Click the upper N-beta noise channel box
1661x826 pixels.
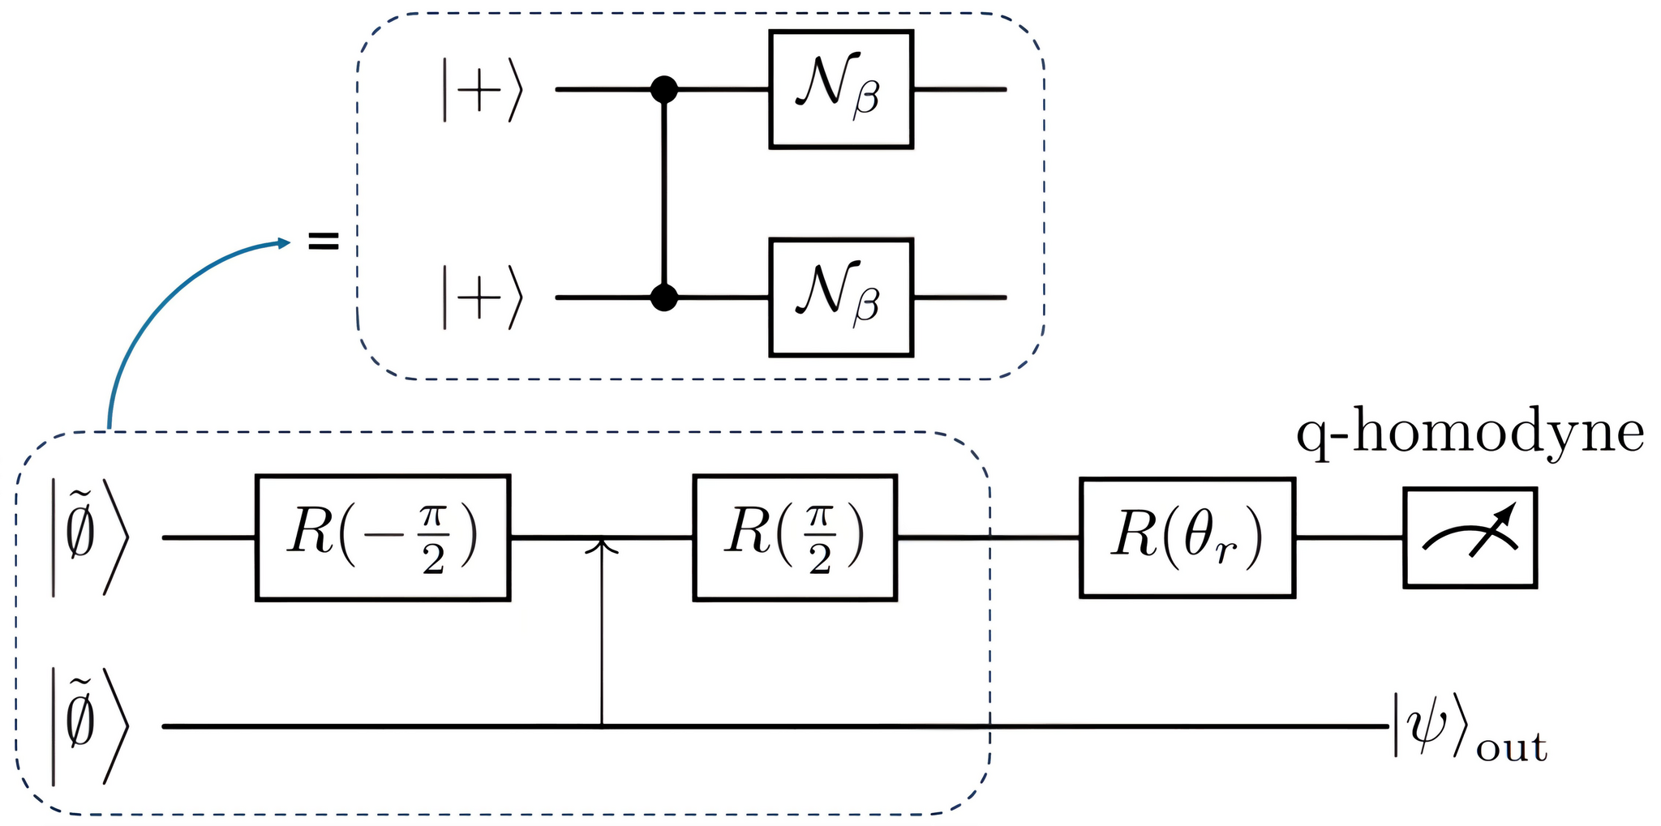click(841, 90)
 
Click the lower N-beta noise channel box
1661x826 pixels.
click(841, 297)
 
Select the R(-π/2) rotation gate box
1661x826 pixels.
click(383, 537)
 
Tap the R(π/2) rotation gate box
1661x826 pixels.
click(795, 537)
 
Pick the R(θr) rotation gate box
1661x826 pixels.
click(1187, 537)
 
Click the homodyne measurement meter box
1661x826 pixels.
click(1470, 537)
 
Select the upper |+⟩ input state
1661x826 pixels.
click(482, 90)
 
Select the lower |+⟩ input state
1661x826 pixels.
click(482, 297)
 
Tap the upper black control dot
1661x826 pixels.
click(664, 89)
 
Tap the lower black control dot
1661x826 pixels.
click(664, 297)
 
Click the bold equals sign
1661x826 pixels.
click(323, 241)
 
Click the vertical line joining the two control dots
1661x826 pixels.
click(664, 195)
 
